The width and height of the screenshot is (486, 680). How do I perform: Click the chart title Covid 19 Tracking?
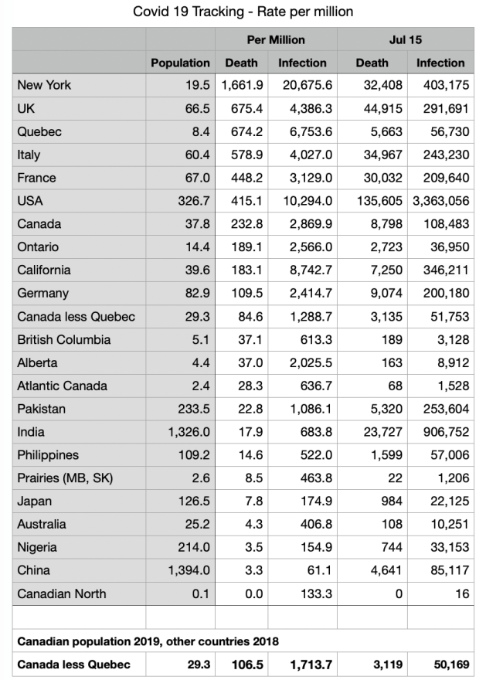tap(243, 12)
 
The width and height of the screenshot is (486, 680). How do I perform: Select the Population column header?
tap(180, 63)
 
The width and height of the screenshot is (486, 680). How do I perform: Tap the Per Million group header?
tap(276, 39)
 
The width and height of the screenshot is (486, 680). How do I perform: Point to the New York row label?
tap(44, 85)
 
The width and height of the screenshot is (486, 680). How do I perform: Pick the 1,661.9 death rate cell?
tap(243, 85)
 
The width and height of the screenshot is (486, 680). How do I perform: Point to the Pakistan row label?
tap(42, 409)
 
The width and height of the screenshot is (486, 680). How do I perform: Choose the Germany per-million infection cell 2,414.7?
tap(306, 294)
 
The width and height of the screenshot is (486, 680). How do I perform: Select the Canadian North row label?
tap(62, 593)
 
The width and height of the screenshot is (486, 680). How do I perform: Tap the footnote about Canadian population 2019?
tap(148, 641)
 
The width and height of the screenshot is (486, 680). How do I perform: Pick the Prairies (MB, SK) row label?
tap(65, 478)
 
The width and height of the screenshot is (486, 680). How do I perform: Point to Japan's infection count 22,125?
tap(446, 501)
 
